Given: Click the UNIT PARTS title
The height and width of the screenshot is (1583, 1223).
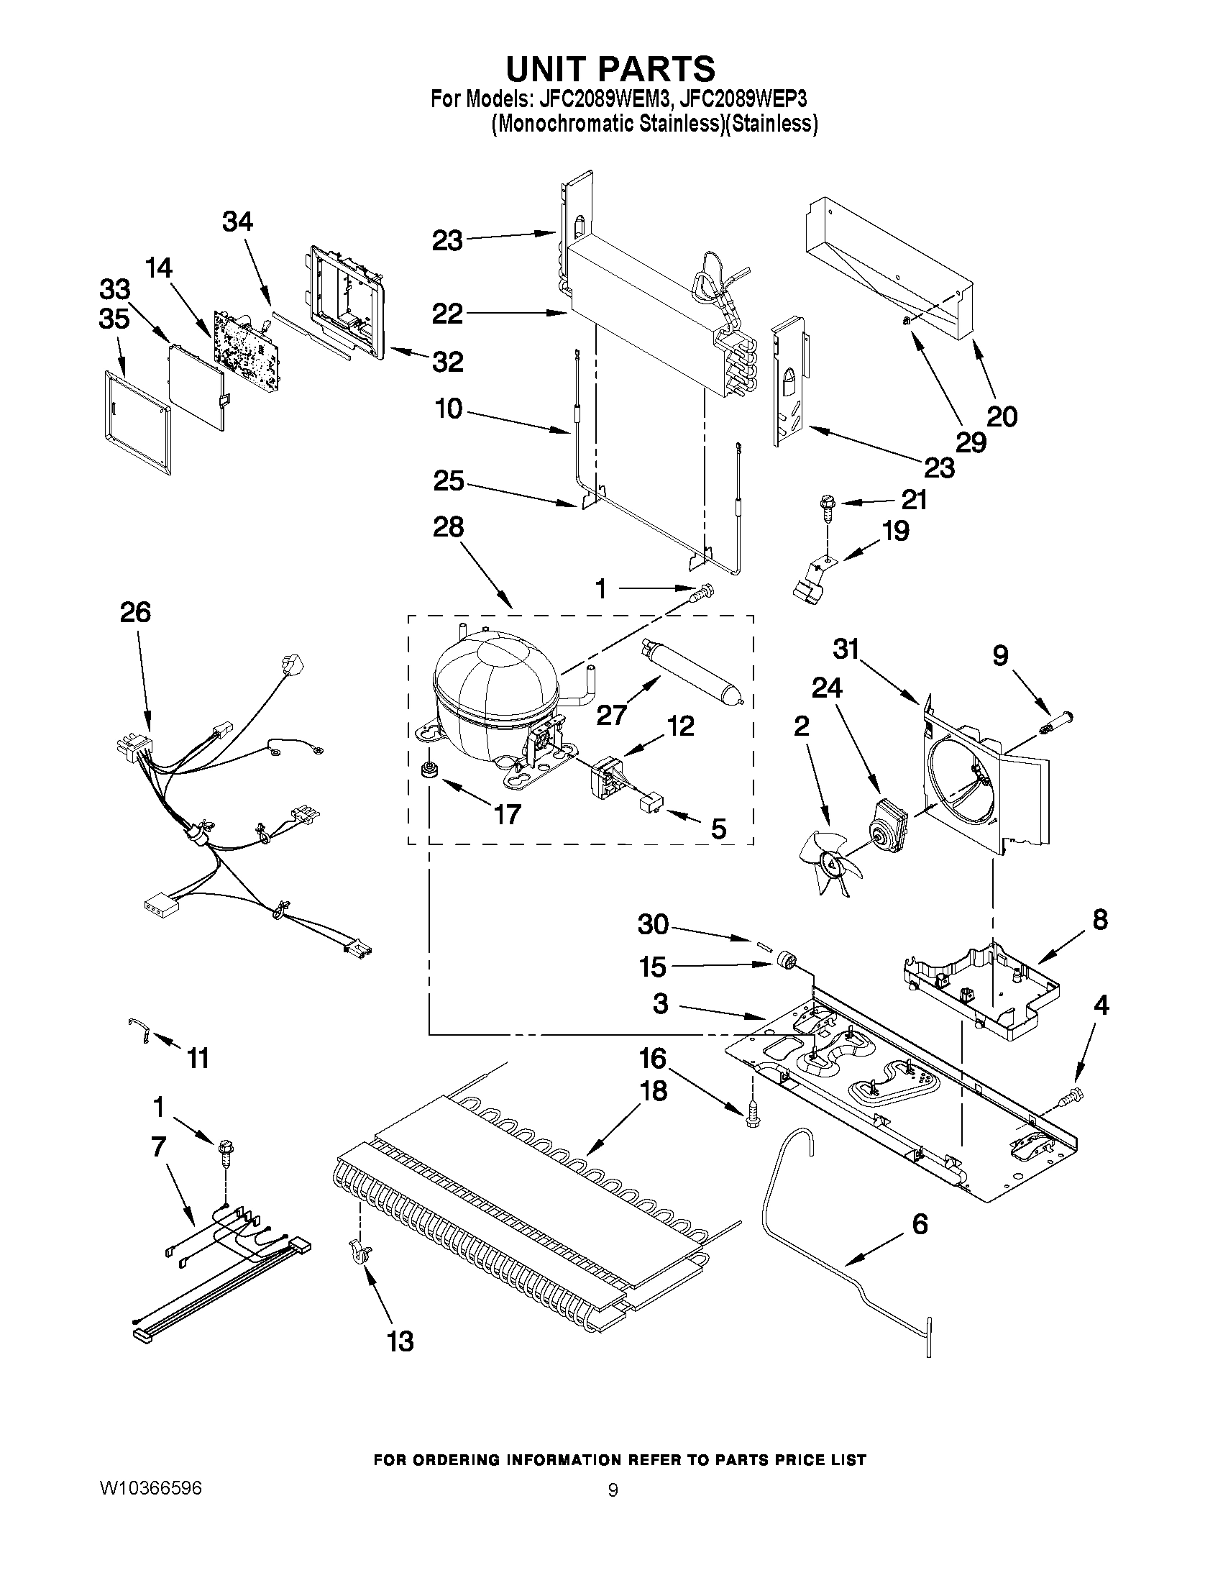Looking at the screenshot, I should (x=610, y=69).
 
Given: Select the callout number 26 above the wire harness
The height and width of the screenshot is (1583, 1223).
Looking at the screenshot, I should (x=134, y=613).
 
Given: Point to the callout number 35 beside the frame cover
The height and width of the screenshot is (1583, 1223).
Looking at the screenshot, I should (x=114, y=319).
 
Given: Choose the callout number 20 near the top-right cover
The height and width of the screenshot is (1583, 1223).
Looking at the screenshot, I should (x=1002, y=416).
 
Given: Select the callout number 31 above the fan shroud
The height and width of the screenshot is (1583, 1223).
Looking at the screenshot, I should (x=846, y=649).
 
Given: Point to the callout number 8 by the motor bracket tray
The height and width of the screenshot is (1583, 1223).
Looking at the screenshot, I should (x=1100, y=920).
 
